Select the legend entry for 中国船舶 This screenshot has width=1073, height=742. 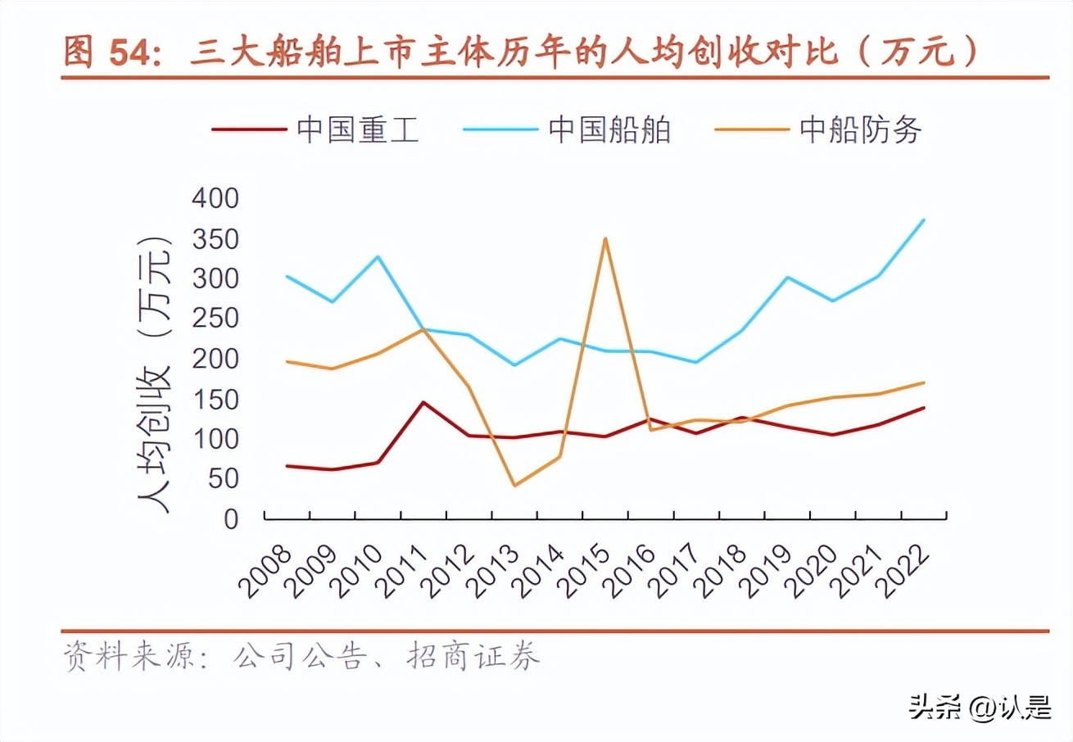[567, 130]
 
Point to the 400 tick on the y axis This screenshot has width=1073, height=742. [215, 198]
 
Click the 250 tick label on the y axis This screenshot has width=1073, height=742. [215, 319]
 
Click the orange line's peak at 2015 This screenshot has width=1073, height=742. [604, 238]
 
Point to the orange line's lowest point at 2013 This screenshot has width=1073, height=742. [514, 486]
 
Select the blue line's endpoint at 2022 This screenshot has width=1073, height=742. [924, 219]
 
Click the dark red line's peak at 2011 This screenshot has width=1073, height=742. [423, 402]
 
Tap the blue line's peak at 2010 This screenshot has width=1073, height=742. [378, 256]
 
